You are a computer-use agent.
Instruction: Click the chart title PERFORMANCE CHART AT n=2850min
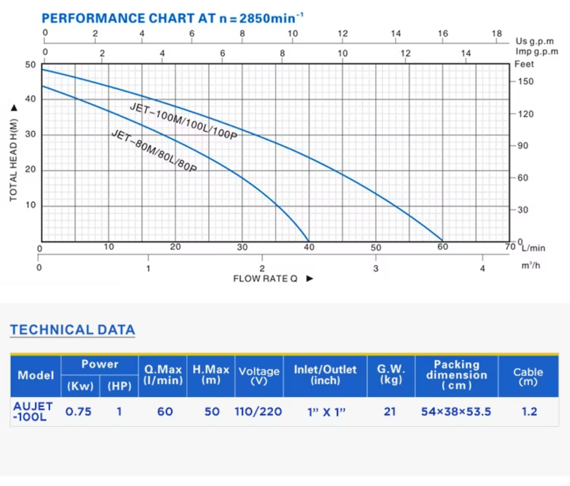click(172, 19)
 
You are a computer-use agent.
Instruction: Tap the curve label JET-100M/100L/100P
click(183, 121)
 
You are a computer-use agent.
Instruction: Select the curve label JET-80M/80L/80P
click(154, 151)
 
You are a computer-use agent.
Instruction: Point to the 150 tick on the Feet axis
click(525, 82)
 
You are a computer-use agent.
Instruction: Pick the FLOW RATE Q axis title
click(265, 279)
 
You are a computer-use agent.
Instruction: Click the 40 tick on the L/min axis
click(309, 247)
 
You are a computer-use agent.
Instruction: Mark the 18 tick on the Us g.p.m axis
click(496, 34)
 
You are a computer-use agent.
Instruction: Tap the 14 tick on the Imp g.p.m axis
click(465, 54)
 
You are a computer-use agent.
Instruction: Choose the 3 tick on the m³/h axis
click(376, 269)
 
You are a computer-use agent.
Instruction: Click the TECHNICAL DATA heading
click(73, 330)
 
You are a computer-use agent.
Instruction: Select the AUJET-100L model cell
click(33, 411)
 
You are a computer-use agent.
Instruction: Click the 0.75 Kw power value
click(78, 411)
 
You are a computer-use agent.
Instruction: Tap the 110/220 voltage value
click(258, 411)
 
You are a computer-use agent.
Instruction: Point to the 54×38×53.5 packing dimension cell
click(456, 411)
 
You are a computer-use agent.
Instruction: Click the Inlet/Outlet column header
click(325, 375)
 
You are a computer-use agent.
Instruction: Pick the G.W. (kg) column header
click(390, 375)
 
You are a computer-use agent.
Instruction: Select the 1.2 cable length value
click(529, 411)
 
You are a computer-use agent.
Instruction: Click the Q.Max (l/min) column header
click(163, 375)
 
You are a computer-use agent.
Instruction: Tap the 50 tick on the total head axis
click(30, 65)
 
